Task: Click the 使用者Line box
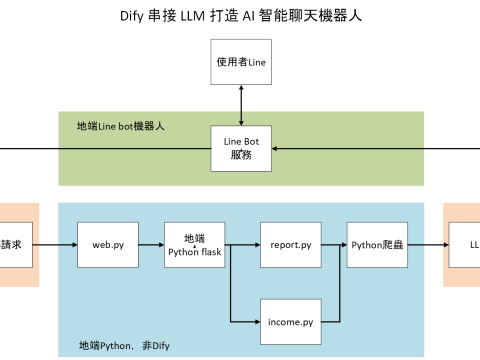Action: [241, 63]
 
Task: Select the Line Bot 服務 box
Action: [241, 148]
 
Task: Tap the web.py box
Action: [107, 244]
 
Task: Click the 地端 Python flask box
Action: [194, 244]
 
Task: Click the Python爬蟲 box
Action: [375, 244]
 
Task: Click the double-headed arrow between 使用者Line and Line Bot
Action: [241, 105]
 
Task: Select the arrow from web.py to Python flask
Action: [150, 244]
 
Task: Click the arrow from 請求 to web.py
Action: [58, 244]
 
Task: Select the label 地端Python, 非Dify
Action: [124, 345]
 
